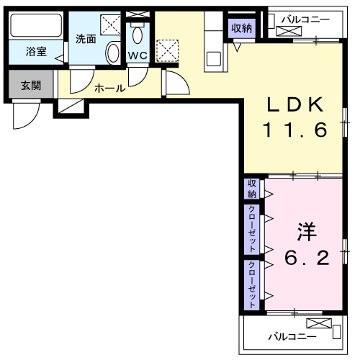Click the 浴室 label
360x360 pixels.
(x=36, y=52)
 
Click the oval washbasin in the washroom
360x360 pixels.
(x=112, y=52)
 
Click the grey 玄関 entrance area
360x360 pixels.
(x=30, y=86)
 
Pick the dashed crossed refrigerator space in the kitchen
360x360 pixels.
(x=168, y=50)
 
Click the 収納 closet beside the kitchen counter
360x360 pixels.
(x=242, y=29)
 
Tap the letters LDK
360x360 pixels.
(x=294, y=105)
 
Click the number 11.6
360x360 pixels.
(x=294, y=130)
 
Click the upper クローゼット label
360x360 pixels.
(x=251, y=229)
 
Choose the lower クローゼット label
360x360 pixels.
(x=251, y=284)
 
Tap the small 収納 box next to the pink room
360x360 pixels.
(x=251, y=189)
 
